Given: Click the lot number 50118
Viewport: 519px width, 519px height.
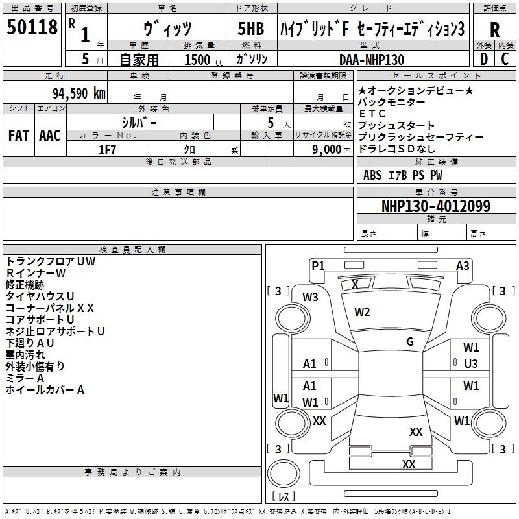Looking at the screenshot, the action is tap(32, 27).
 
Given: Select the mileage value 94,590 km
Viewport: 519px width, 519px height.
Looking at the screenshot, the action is tap(79, 93).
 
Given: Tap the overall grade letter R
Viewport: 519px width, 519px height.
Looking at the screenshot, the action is tap(494, 29).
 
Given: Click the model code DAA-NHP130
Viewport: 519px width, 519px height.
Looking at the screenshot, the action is tap(372, 60).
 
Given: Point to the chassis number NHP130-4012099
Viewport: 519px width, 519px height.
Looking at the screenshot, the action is tap(436, 206).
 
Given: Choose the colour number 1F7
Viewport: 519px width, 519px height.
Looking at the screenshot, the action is tap(107, 150).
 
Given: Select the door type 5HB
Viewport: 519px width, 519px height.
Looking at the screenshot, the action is tap(251, 29).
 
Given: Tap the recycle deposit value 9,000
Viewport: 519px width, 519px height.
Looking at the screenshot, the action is tap(327, 150).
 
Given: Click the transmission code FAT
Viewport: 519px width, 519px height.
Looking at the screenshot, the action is tap(19, 136).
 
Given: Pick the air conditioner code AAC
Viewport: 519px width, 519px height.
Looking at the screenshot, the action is tap(50, 136).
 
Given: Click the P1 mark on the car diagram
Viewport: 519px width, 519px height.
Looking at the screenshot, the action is tap(318, 265).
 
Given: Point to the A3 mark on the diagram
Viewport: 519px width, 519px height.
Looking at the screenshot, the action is tap(463, 265).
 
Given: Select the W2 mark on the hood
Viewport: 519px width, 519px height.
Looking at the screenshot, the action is tap(362, 311).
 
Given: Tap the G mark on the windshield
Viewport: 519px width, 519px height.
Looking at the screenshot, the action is tap(410, 341).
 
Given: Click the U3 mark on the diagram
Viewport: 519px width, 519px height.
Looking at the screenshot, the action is tap(471, 364).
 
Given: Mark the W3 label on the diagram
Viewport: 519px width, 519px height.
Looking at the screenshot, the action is tap(310, 297).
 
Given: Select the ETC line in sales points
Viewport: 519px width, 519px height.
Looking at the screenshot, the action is tap(372, 114).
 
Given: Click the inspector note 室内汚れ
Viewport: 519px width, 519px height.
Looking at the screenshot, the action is tap(25, 354).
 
